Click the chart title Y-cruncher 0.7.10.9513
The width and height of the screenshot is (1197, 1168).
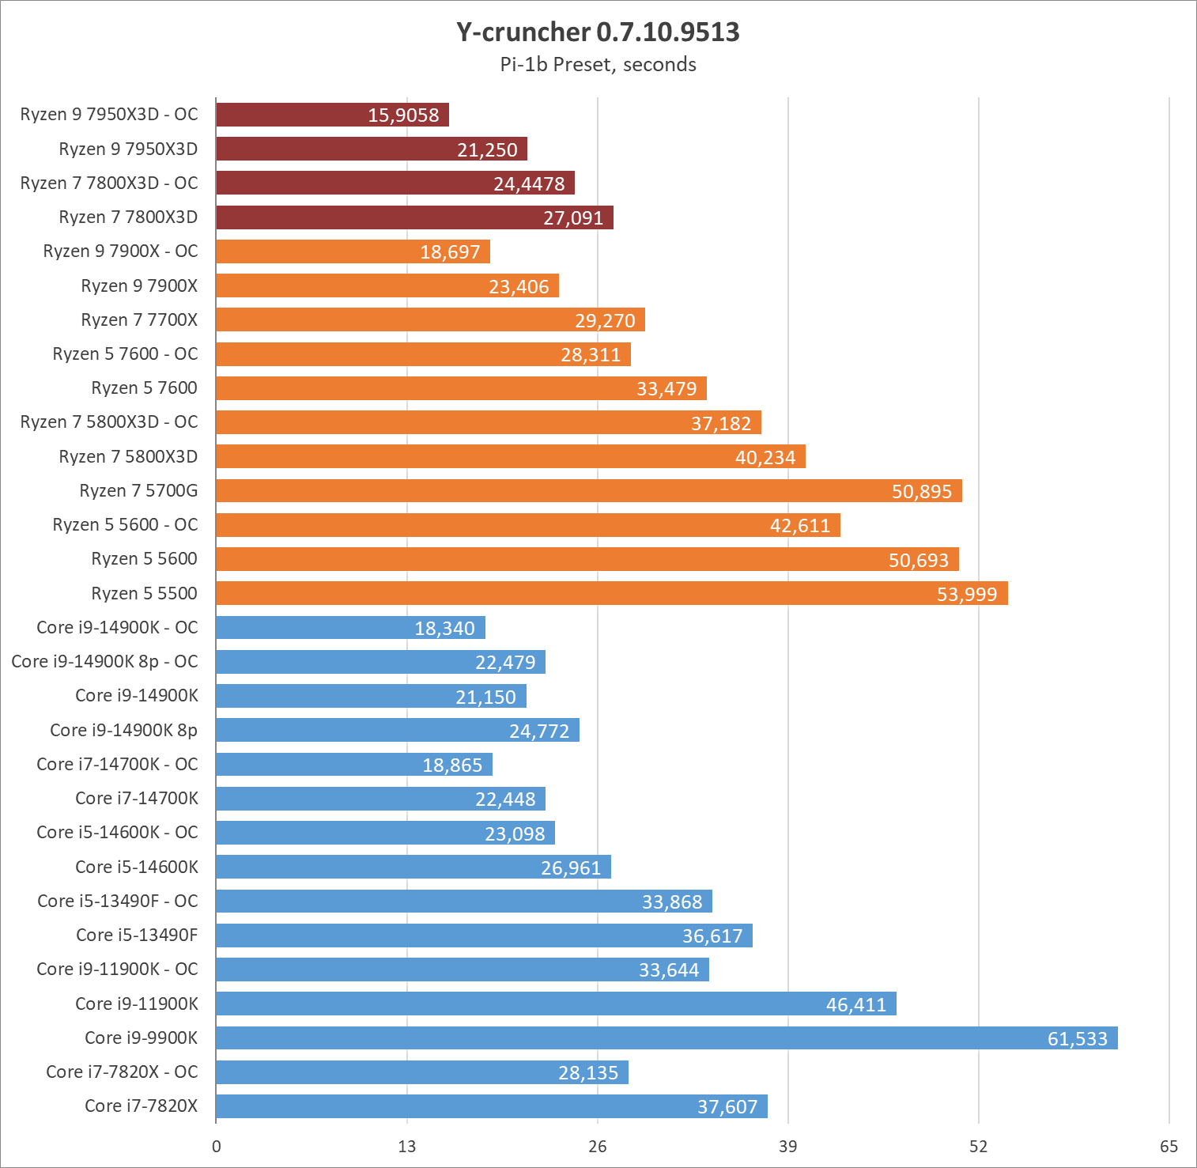598,32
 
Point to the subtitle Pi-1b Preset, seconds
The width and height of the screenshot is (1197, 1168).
598,65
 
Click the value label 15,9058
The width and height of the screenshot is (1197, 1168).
403,115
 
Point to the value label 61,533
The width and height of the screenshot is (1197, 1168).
1077,1039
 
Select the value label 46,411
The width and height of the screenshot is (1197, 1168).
855,1005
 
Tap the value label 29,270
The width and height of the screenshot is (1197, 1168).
605,321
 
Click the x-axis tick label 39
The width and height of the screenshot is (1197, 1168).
787,1147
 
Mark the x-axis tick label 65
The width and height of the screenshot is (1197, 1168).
1169,1147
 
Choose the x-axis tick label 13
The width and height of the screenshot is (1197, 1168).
406,1147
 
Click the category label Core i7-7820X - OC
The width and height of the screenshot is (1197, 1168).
122,1072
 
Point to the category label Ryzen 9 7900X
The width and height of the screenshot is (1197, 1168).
139,286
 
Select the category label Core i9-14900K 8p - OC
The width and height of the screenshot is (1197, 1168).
104,662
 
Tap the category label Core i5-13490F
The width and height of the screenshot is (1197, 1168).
137,936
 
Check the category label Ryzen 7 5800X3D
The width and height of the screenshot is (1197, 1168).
128,457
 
